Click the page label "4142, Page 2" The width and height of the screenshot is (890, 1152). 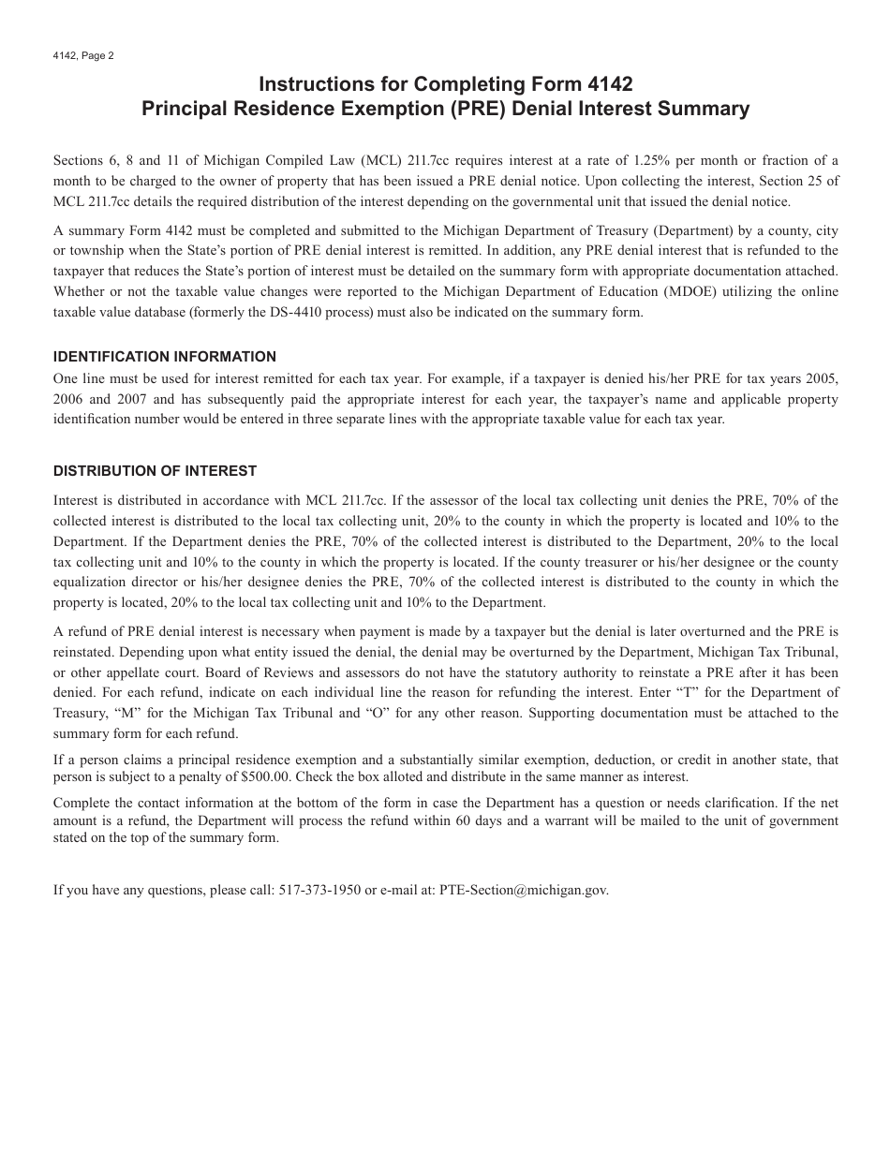point(83,55)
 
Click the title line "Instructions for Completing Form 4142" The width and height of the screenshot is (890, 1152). point(445,84)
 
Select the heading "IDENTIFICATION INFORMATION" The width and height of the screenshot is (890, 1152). point(165,356)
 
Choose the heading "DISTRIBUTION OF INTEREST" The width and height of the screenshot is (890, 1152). point(155,470)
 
